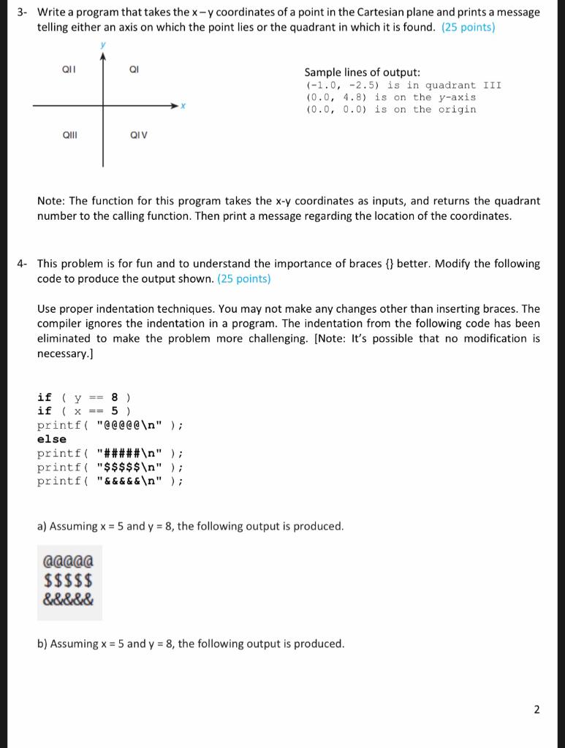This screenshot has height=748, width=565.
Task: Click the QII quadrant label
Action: [x=67, y=70]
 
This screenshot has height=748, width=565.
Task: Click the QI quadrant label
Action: [x=134, y=70]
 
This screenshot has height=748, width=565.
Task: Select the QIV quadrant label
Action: [x=138, y=134]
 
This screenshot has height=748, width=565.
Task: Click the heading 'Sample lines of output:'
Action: [x=362, y=72]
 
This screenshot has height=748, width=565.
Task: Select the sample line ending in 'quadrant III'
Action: [x=403, y=85]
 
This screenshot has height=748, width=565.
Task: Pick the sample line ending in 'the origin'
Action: [x=390, y=110]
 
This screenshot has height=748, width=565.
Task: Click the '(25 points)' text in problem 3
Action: [x=468, y=27]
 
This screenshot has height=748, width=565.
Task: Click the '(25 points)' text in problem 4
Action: [x=244, y=279]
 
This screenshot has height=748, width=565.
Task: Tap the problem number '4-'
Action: [x=24, y=264]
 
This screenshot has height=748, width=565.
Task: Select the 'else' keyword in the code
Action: [x=52, y=439]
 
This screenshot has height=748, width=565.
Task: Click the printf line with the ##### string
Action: [x=110, y=453]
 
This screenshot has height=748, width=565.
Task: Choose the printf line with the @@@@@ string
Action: [x=110, y=425]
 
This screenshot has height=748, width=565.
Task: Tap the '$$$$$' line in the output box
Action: [x=68, y=581]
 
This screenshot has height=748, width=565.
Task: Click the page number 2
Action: [x=536, y=709]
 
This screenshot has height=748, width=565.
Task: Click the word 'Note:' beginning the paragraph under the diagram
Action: [x=51, y=201]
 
